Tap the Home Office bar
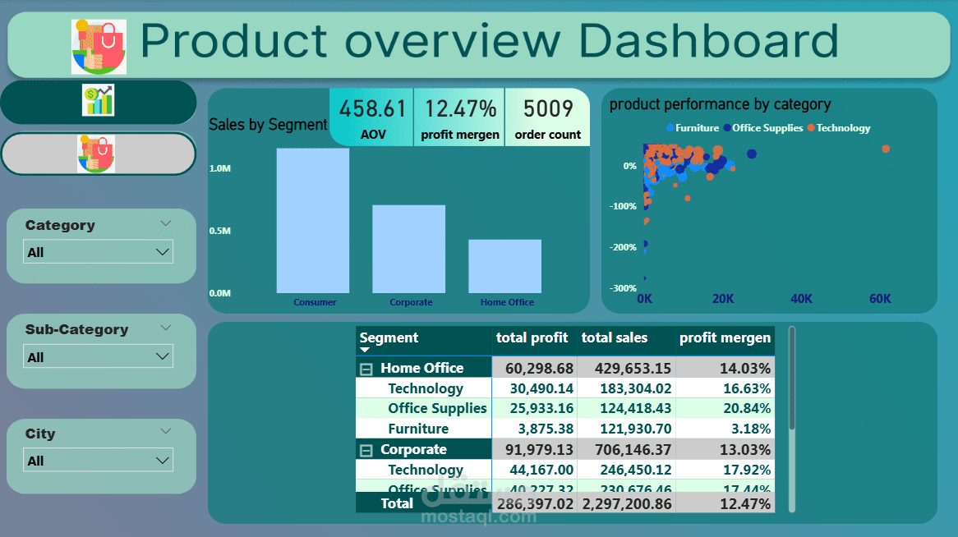tap(504, 266)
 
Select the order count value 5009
tap(547, 109)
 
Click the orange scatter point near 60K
tap(886, 149)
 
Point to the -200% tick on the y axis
tap(624, 247)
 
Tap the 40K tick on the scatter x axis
tap(801, 299)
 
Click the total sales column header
tap(615, 337)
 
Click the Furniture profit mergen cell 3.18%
tap(748, 429)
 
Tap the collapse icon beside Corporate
tap(366, 450)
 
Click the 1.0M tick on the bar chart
tap(220, 168)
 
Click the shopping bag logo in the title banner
tap(99, 47)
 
